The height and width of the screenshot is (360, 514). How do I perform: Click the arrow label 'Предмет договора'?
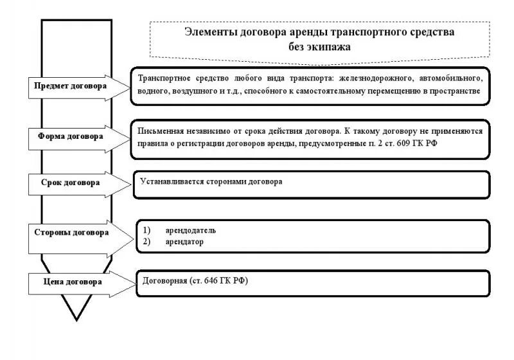coord(71,85)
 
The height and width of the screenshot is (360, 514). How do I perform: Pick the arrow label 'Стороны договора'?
coord(71,232)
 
